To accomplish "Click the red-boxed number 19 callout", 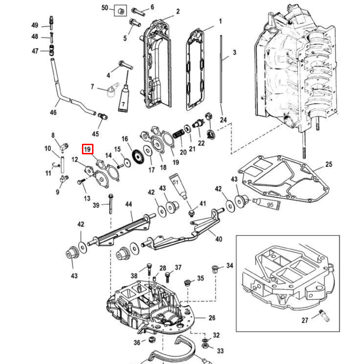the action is [87, 149].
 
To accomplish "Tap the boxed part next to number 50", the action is [121, 11].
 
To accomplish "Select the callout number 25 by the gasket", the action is [329, 164].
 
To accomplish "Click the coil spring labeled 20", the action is [179, 134].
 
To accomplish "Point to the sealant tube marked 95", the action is [267, 204].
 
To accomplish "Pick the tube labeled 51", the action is [179, 186].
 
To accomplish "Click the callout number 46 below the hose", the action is [53, 112].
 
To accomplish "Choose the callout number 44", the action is [128, 204].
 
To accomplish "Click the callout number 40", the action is [219, 239].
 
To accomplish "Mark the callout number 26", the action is [212, 318].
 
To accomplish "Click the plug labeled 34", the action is [215, 269].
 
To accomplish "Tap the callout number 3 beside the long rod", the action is [234, 53].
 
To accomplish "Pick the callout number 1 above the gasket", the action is [221, 21].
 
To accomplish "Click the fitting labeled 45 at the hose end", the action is [103, 116].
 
